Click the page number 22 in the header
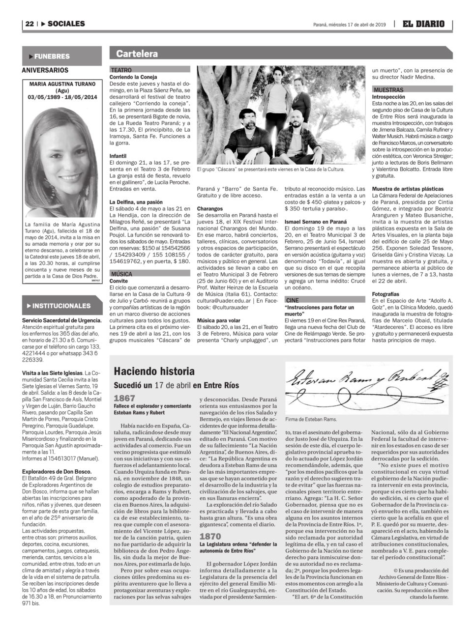29,24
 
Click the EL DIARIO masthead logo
423,24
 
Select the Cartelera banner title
137,54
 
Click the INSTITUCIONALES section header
61,306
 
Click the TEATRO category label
121,70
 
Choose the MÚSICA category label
122,273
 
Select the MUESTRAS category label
388,90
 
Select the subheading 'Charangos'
210,208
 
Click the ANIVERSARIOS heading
45,70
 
